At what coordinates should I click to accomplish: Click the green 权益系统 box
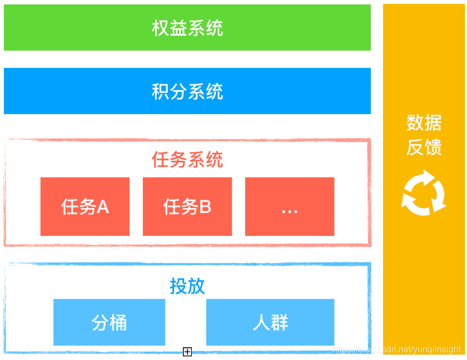(x=187, y=27)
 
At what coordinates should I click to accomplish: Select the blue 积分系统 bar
(x=187, y=91)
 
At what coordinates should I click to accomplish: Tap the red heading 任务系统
(x=187, y=160)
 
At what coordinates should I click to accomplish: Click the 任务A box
(x=85, y=207)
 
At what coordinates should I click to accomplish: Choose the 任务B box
(x=187, y=207)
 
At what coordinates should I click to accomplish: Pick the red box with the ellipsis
(x=290, y=207)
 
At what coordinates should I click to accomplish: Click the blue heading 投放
(x=187, y=286)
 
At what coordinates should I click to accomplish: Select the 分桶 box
(x=110, y=322)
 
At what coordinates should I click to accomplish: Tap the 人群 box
(x=270, y=322)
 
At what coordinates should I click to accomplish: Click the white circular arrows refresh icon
(x=424, y=193)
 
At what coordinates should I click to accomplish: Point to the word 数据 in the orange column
(x=424, y=122)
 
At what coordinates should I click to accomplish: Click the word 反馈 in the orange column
(x=424, y=147)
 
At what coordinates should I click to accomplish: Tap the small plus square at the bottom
(x=187, y=352)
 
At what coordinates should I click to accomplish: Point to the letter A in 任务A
(x=103, y=207)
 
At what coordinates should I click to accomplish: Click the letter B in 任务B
(x=205, y=207)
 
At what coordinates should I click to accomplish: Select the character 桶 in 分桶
(x=118, y=322)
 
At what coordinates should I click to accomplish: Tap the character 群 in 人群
(x=280, y=322)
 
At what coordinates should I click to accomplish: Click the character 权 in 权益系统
(x=161, y=28)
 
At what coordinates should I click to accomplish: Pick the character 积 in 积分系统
(x=161, y=91)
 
